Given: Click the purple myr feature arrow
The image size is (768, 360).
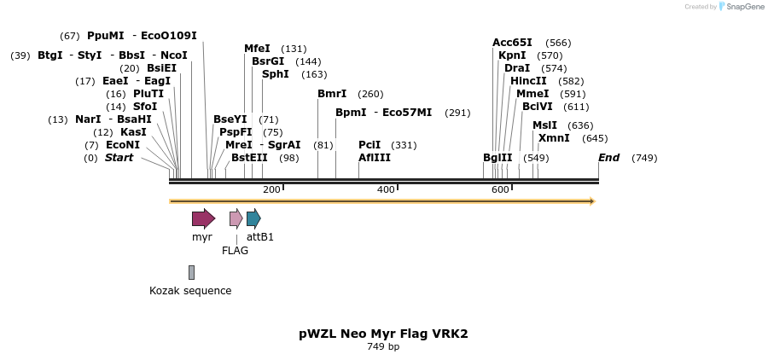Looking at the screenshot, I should point(203,218).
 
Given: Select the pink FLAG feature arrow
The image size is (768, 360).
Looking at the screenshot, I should point(236,218).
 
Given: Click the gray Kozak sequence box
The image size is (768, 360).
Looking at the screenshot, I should point(191,272).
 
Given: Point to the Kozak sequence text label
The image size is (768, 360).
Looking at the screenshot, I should point(190,291).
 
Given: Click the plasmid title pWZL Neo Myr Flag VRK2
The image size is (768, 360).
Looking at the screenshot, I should point(383,334).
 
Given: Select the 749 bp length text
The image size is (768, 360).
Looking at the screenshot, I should point(383,347).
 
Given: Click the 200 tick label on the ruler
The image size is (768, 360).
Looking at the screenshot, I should point(271,189).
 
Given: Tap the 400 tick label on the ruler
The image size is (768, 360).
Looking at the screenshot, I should point(386,189).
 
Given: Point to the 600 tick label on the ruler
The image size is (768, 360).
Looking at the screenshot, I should point(500,189).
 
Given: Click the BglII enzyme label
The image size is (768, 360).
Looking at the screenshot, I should point(497,158).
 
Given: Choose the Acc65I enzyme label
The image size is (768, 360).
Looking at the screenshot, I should point(512,43).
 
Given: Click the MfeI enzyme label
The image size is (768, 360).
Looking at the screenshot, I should point(257,49).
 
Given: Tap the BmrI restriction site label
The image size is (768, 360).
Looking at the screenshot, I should point(332,94).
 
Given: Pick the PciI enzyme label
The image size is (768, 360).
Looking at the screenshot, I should point(369,145).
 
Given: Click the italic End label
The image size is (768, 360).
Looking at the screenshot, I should point(608,158).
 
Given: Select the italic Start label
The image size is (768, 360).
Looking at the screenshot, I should point(119,158).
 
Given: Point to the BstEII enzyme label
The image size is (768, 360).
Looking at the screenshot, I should point(249,158).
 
